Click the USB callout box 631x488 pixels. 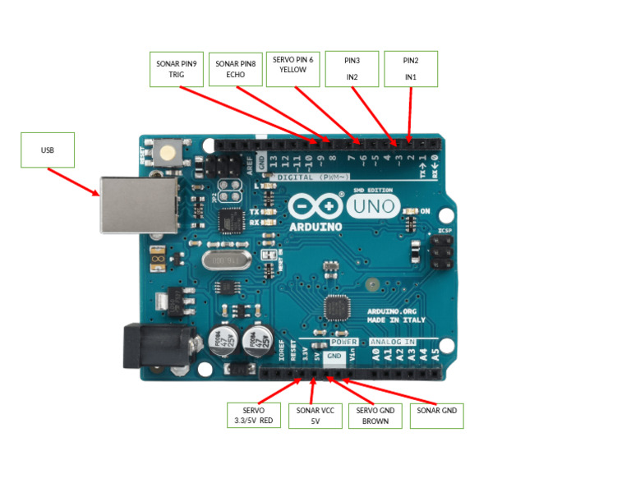tap(47, 150)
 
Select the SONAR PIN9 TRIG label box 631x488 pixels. tap(176, 69)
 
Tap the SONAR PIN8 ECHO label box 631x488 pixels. tap(236, 69)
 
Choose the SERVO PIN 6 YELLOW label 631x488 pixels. tap(292, 65)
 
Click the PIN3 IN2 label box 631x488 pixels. tap(352, 68)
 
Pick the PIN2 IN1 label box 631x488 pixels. tap(410, 68)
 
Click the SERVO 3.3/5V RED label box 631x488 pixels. tap(253, 415)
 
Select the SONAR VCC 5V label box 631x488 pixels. tap(315, 415)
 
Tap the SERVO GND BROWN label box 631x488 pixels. tap(375, 416)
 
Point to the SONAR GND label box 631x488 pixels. tap(435, 416)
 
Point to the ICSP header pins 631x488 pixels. tap(440, 251)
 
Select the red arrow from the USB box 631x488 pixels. tap(74, 182)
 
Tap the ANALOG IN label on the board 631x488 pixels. tap(393, 341)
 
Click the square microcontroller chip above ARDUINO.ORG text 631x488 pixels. tap(337, 308)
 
